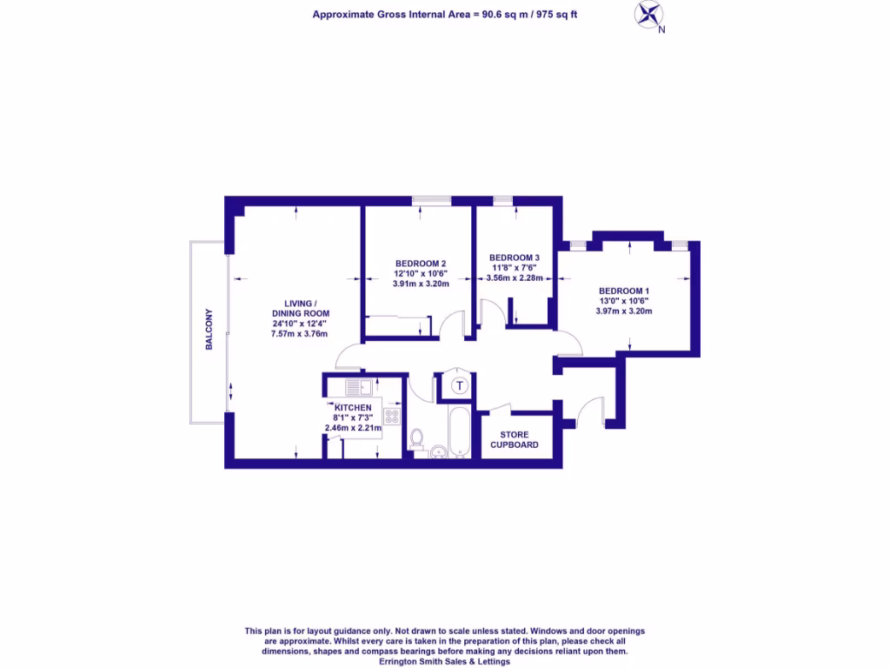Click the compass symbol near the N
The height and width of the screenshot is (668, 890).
[x=648, y=14]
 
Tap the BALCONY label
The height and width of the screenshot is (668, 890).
[x=209, y=330]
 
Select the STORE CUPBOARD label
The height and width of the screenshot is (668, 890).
[x=514, y=439]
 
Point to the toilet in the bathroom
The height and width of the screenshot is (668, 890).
[x=416, y=439]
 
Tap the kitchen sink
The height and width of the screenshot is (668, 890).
[x=358, y=388]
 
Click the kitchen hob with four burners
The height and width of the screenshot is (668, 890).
[x=391, y=416]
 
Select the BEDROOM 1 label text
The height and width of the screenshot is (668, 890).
[x=624, y=291]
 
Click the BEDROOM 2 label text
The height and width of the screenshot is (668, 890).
[x=421, y=264]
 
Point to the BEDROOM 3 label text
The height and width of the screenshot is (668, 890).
[x=515, y=257]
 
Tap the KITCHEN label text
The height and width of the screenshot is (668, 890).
[x=353, y=408]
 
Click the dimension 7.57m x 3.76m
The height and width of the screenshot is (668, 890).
[x=300, y=333]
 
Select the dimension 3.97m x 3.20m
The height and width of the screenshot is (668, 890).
[x=624, y=311]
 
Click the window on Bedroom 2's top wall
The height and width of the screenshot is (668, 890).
[x=431, y=202]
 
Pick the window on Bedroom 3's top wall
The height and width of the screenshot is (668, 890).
[x=502, y=202]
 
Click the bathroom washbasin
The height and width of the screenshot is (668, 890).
[x=439, y=451]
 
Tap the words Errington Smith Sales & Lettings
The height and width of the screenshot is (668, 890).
[x=444, y=661]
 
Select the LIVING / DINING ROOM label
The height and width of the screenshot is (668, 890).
[x=300, y=308]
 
